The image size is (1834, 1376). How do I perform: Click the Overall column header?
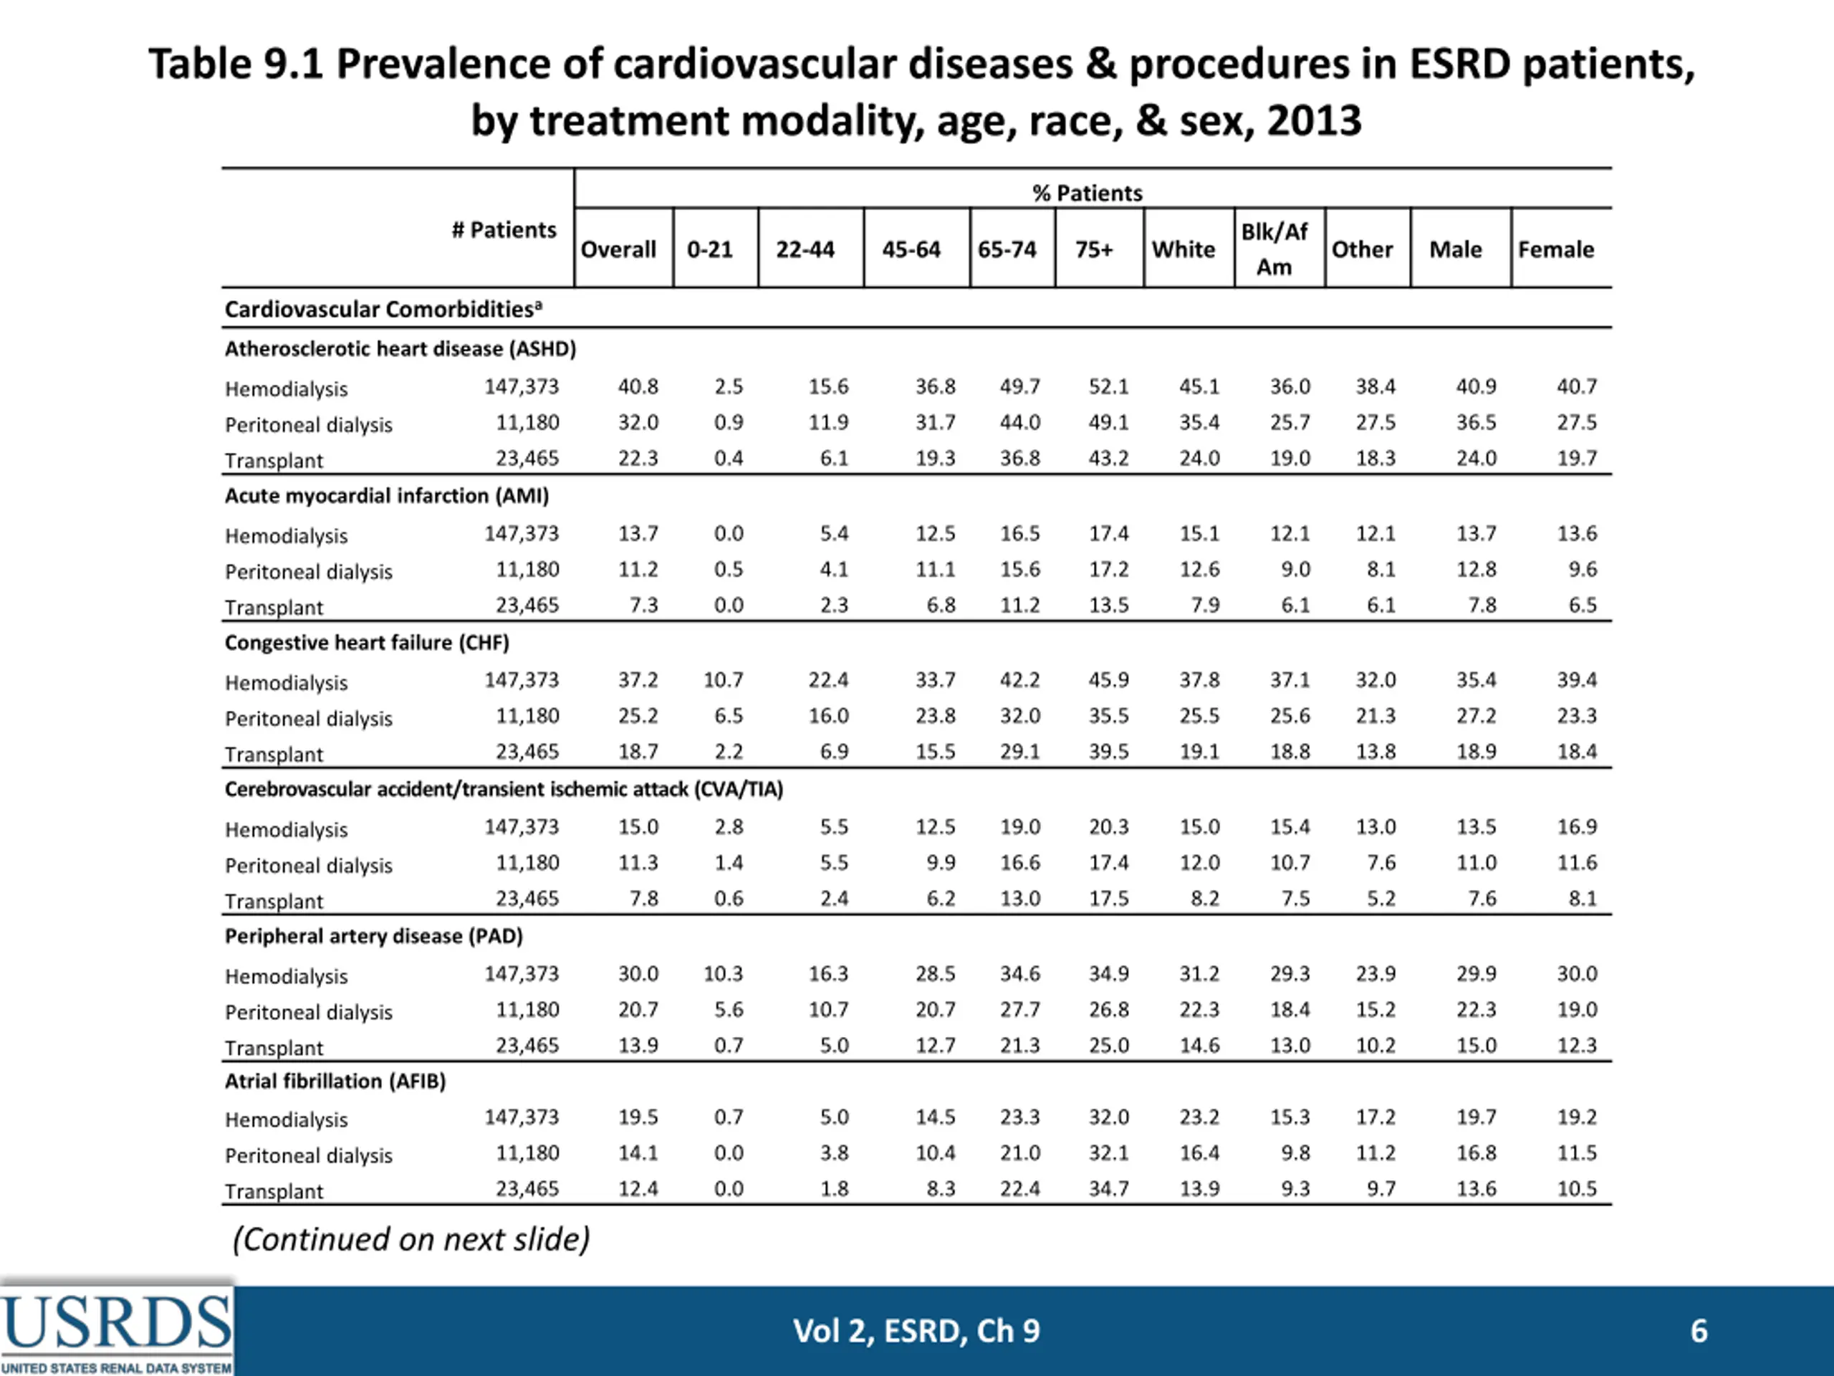[x=618, y=249]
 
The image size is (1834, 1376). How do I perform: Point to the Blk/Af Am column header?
[x=1274, y=249]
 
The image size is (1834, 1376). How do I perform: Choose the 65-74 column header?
[x=1007, y=249]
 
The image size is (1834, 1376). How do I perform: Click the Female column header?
[x=1555, y=249]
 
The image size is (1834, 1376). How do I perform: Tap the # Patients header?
[x=504, y=230]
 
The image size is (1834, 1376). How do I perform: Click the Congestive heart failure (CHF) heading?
[x=367, y=643]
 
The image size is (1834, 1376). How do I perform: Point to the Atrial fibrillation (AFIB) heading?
[x=335, y=1081]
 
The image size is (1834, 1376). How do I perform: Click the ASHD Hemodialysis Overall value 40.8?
[x=638, y=386]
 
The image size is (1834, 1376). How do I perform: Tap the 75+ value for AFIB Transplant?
[x=1108, y=1188]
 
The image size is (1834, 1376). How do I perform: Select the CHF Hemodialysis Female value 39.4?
[x=1576, y=680]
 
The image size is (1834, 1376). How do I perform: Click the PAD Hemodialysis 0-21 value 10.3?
[x=723, y=974]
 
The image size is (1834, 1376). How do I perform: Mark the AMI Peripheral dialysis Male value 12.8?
[x=1476, y=570]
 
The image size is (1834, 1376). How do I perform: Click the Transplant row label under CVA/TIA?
[x=274, y=901]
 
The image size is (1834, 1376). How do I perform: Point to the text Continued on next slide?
[x=411, y=1239]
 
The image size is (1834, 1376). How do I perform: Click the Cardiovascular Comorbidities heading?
[x=383, y=309]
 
